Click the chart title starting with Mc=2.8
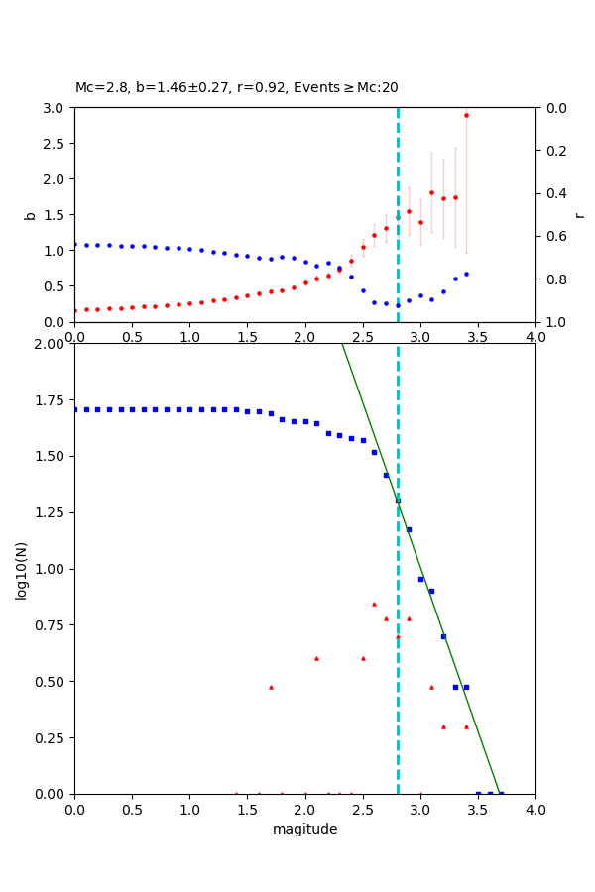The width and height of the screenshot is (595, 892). (236, 88)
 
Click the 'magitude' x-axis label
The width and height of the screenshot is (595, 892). (304, 829)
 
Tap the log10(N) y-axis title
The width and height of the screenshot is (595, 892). (22, 569)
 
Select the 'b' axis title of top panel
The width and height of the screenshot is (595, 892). (30, 214)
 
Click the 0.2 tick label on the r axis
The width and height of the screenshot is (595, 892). (557, 151)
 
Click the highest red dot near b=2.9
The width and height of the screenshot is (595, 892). (466, 115)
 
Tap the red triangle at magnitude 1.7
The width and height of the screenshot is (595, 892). (271, 687)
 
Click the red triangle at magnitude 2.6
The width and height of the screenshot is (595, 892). (374, 604)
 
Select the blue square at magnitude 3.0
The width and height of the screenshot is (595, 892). (420, 579)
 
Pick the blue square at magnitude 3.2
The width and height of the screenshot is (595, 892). (443, 636)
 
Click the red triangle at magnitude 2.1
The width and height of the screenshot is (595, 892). (316, 658)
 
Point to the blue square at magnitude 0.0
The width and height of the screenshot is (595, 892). (74, 409)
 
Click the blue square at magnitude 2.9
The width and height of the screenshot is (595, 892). (409, 529)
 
